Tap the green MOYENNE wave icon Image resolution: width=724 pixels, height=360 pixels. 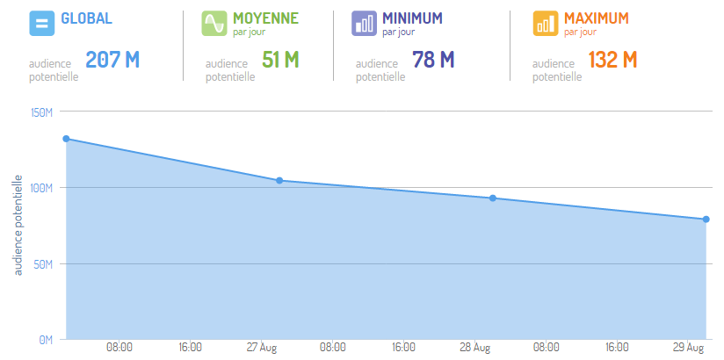(215, 23)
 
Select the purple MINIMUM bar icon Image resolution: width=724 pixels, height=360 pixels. (364, 23)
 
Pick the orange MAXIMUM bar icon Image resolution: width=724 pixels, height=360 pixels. (546, 23)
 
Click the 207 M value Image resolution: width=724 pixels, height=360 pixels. (112, 61)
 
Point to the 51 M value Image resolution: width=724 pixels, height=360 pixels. (280, 61)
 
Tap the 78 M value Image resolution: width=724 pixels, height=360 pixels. (433, 61)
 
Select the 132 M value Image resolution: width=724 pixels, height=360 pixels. (612, 61)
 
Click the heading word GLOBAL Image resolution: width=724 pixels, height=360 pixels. (86, 18)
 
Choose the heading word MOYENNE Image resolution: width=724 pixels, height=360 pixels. (265, 18)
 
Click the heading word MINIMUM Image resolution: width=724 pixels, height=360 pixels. (412, 18)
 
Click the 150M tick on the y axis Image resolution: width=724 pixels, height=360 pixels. (42, 112)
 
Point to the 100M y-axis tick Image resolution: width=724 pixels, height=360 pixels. (42, 188)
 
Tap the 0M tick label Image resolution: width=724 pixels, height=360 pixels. (47, 339)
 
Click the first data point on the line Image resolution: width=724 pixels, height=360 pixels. (66, 139)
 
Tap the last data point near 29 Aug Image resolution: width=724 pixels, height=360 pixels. (706, 220)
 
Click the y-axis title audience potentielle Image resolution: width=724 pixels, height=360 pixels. (18, 225)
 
